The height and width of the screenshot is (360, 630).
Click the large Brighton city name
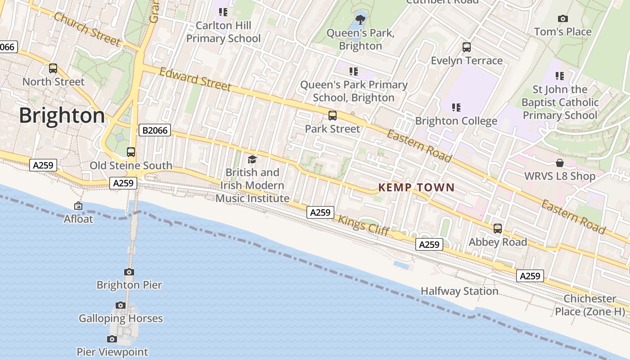pos(62,116)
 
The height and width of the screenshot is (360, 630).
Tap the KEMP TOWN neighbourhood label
pos(416,188)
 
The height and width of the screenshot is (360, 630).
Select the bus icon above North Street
pos(53,68)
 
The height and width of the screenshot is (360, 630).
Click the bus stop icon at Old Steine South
pos(131,152)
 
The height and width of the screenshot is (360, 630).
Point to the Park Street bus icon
pos(333,116)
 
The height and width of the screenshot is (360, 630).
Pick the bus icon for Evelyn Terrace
pos(467,47)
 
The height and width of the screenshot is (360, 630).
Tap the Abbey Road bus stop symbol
pos(498,229)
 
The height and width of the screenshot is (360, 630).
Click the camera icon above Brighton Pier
pos(129,272)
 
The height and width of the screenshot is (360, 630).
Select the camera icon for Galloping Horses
pos(120,305)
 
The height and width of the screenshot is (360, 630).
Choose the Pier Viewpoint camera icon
pos(112,339)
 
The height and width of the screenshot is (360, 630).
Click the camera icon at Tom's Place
pos(562,18)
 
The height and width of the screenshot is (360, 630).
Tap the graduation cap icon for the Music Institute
pos(252,159)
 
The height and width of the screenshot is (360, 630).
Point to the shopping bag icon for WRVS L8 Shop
pos(560,163)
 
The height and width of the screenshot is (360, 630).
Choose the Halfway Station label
pos(459,291)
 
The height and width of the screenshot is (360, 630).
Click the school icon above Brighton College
pos(456,108)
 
